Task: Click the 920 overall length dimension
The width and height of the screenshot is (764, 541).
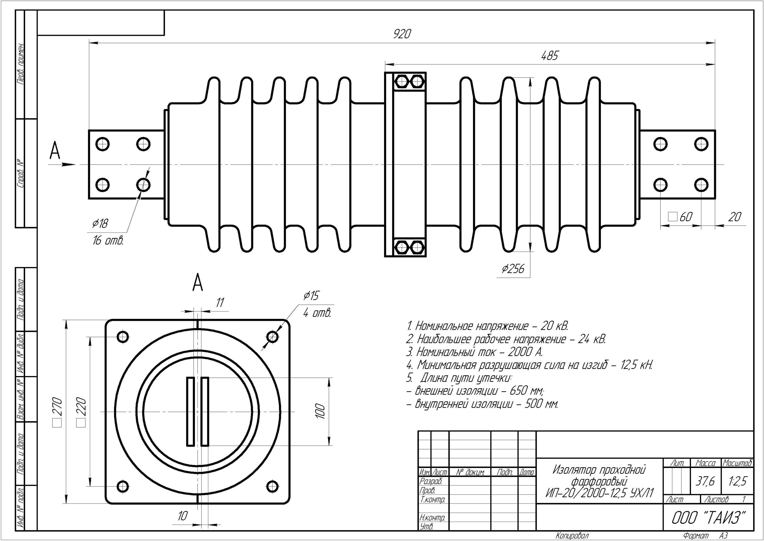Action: tap(402, 34)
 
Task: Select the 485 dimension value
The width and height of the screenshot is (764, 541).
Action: tap(549, 56)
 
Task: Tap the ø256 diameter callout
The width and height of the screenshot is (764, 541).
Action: tap(513, 269)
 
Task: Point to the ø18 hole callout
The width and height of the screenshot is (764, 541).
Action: tap(100, 223)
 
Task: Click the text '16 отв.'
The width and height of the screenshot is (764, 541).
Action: tap(108, 241)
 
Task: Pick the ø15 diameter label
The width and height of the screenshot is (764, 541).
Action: tap(311, 295)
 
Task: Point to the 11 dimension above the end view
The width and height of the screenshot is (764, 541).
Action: tap(220, 303)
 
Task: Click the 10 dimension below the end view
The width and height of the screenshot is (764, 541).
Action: tap(182, 516)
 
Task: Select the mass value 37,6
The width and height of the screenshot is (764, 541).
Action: tap(705, 481)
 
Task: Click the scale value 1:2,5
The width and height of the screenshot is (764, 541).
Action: tap(737, 481)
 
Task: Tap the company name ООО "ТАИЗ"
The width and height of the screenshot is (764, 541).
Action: tap(708, 518)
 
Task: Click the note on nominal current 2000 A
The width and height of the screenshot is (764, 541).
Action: tap(475, 352)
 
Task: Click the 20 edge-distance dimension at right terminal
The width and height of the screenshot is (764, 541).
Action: tap(734, 217)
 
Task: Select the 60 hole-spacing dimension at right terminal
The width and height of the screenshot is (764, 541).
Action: tap(685, 217)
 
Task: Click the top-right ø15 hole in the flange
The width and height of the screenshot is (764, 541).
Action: tap(272, 337)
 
